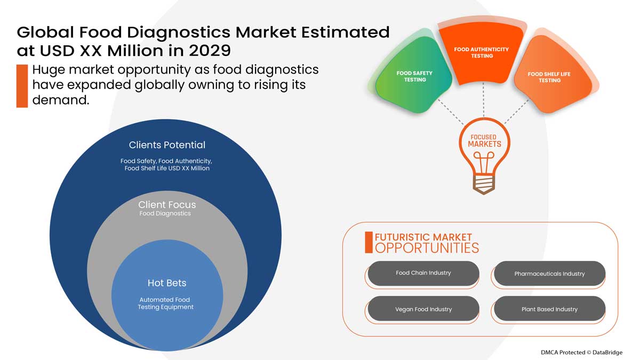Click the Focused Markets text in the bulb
pos(484,141)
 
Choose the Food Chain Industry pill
pos(423,273)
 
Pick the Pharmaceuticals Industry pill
pos(549,274)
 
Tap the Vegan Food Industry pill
pos(423,309)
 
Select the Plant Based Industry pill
pos(549,309)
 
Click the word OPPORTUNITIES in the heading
pos(427,248)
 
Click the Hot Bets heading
pos(167,283)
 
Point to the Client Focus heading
pos(167,205)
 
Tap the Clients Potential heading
pos(167,145)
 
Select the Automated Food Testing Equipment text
pos(165,303)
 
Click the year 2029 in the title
pos(205,51)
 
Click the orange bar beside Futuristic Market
pos(369,242)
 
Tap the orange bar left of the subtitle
pos(22,85)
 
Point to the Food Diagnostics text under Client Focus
pos(165,214)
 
